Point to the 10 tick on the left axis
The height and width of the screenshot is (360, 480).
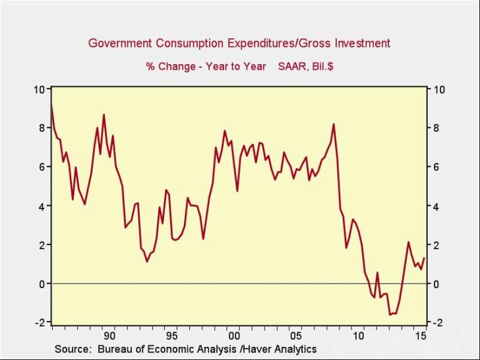tap(40, 89)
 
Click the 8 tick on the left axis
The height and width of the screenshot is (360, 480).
tap(42, 128)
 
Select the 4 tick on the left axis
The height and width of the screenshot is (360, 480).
tap(42, 206)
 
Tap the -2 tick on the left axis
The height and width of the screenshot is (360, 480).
tap(40, 322)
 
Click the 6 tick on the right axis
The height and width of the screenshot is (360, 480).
tap(436, 167)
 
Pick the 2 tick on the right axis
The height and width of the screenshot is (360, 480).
tap(436, 245)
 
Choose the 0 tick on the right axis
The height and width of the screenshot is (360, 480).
tap(436, 284)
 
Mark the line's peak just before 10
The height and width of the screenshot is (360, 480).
tap(334, 124)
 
